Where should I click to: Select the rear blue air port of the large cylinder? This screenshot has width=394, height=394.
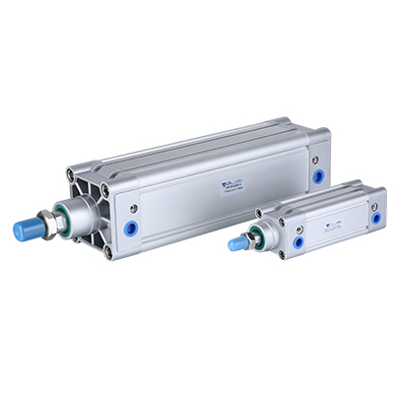318,177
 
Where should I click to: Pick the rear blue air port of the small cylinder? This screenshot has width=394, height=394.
375,219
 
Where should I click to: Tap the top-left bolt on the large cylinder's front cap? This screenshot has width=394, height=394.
72,175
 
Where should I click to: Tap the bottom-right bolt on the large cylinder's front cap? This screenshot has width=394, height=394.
108,252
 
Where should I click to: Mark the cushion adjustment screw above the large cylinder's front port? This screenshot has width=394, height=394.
132,208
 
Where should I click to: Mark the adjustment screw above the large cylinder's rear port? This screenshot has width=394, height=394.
315,159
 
